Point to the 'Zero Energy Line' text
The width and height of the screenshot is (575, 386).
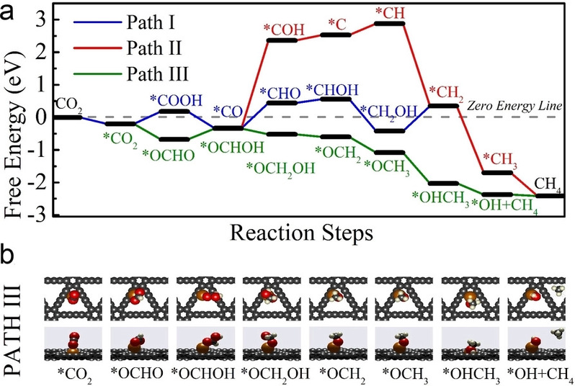pyautogui.click(x=514, y=105)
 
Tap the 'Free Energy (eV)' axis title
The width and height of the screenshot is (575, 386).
pyautogui.click(x=15, y=117)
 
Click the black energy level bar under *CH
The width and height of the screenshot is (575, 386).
pyautogui.click(x=391, y=24)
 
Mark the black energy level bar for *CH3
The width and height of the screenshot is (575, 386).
pyautogui.click(x=496, y=173)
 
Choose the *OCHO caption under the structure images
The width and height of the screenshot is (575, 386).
pyautogui.click(x=133, y=374)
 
